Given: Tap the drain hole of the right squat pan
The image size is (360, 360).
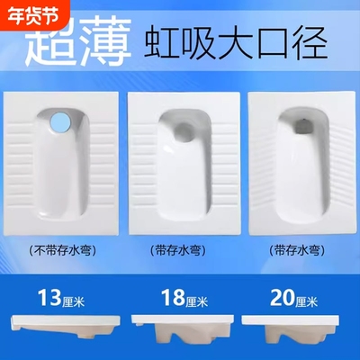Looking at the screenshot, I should [301, 125].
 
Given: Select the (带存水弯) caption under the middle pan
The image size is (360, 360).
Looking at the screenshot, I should [181, 250].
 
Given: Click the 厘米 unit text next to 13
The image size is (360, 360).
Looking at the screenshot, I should [76, 295].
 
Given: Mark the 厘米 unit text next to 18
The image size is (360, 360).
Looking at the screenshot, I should [198, 295].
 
